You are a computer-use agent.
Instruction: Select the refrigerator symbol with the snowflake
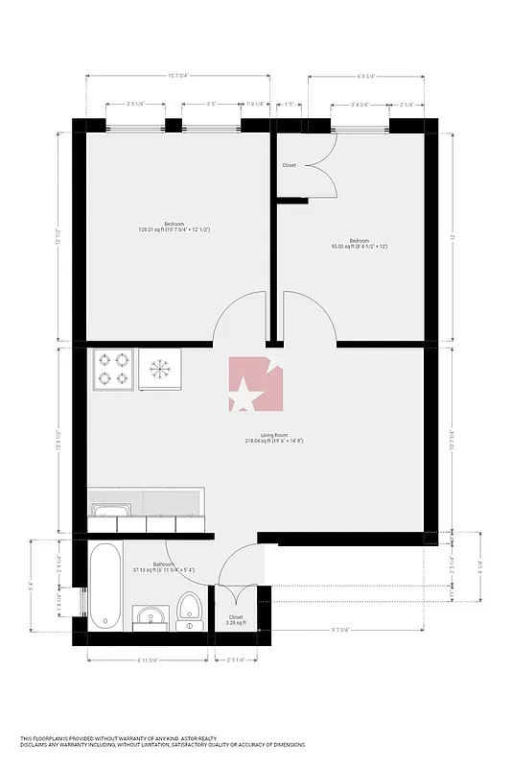[159, 371]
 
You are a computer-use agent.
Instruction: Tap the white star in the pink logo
[245, 394]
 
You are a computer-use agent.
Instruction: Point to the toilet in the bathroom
[189, 612]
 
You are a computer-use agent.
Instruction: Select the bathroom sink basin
[149, 615]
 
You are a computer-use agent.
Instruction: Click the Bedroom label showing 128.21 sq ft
[174, 227]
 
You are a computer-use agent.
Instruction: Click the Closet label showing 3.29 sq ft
[236, 620]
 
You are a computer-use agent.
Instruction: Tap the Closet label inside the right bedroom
[289, 165]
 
